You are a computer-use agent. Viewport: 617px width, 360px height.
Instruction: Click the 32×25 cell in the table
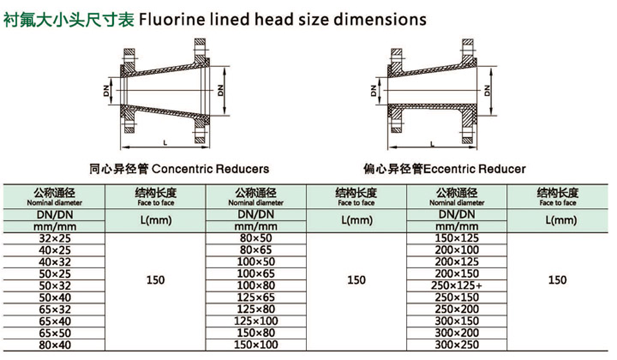(x=55, y=239)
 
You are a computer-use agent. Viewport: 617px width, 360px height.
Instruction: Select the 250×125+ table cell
(x=457, y=286)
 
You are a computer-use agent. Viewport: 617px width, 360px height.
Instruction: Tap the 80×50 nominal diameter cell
(x=256, y=239)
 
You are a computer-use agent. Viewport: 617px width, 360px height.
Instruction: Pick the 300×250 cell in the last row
(x=457, y=345)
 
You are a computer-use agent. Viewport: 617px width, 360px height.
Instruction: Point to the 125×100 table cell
(x=256, y=321)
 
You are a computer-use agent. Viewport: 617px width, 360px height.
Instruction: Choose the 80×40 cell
(x=55, y=345)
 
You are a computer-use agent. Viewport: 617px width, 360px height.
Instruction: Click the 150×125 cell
(x=457, y=239)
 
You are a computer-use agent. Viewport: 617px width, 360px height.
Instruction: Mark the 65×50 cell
(x=55, y=333)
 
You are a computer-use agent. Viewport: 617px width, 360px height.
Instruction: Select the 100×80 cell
(x=256, y=286)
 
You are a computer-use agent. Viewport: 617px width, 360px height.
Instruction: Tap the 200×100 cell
(x=457, y=250)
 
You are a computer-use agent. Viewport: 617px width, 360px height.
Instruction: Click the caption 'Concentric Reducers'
(x=210, y=169)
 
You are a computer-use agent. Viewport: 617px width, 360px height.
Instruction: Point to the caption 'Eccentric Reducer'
(x=474, y=169)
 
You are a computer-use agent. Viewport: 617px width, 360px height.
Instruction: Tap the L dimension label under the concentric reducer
(x=165, y=143)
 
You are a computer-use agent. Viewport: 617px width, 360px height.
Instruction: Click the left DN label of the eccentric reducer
(x=373, y=91)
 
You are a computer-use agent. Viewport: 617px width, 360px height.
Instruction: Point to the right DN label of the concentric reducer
(x=220, y=91)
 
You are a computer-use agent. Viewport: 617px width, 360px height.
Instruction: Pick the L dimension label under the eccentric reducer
(x=433, y=144)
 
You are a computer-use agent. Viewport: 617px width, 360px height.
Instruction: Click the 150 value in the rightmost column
(x=557, y=280)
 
